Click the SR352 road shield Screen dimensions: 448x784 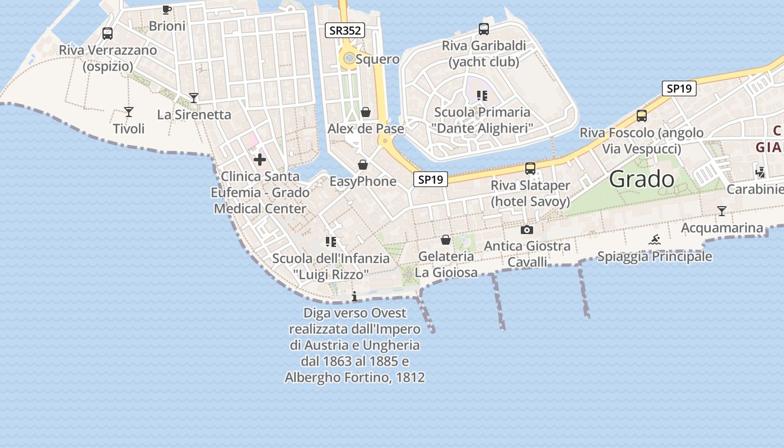click(x=345, y=30)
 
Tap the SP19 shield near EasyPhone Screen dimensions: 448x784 click(x=431, y=179)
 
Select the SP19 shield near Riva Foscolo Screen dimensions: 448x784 click(x=679, y=88)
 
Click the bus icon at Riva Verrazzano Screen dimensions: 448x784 click(x=108, y=34)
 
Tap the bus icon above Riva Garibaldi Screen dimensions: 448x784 click(x=484, y=29)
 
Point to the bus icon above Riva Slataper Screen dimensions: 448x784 click(x=530, y=168)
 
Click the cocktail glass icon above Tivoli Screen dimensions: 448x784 click(x=129, y=112)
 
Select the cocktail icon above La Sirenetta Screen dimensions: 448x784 click(x=194, y=98)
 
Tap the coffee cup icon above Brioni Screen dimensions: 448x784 click(x=167, y=9)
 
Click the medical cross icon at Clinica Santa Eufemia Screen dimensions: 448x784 click(x=260, y=160)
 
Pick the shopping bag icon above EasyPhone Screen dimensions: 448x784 click(x=363, y=165)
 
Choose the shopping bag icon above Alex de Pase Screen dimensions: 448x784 click(x=366, y=112)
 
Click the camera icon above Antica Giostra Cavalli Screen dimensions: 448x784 click(x=526, y=230)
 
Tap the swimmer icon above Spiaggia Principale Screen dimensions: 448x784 click(x=655, y=240)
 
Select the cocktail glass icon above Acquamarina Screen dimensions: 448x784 click(x=722, y=211)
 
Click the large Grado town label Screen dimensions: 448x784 click(x=642, y=179)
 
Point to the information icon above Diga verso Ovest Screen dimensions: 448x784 click(x=354, y=296)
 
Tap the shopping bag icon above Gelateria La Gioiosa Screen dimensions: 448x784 click(x=446, y=240)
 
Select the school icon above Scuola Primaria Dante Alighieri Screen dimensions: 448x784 click(x=482, y=96)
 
